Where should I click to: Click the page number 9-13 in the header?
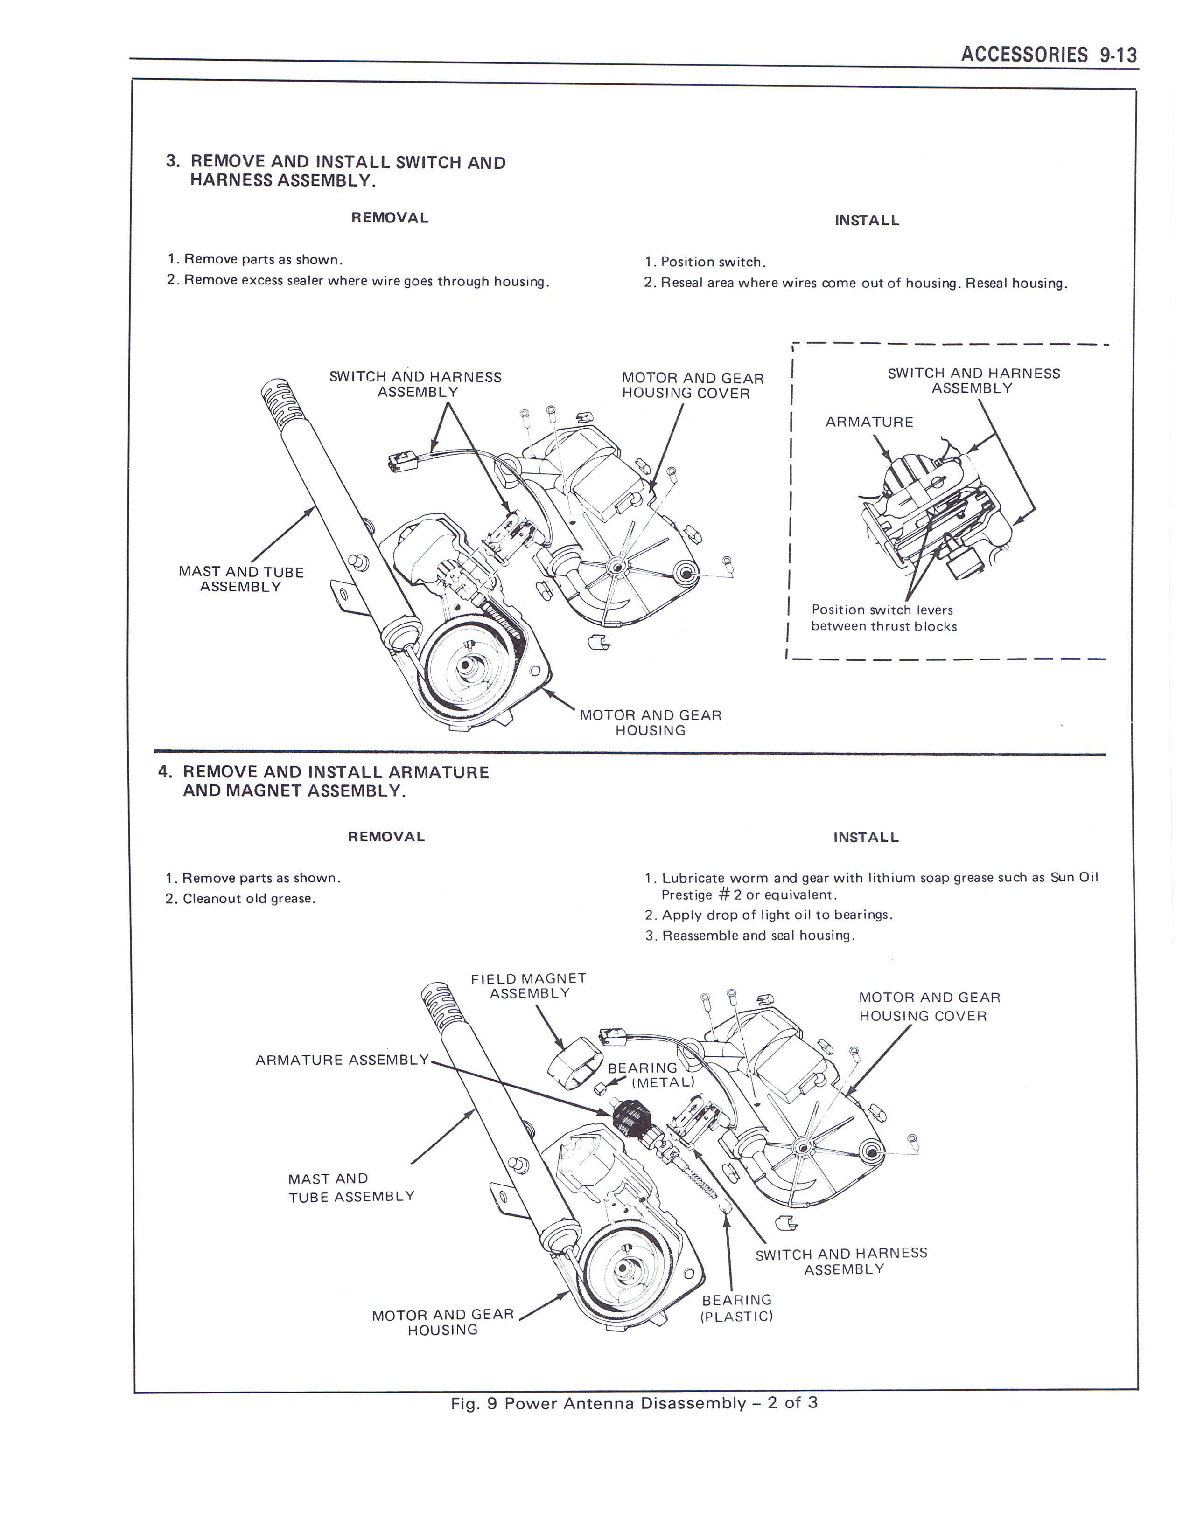[1118, 55]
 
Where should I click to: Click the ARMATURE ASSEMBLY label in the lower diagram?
[342, 1060]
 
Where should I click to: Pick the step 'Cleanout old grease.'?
[248, 899]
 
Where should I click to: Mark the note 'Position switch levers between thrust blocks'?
[883, 618]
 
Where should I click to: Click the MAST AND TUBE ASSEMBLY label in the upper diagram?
[241, 579]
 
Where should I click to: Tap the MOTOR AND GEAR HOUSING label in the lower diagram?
[443, 1322]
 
